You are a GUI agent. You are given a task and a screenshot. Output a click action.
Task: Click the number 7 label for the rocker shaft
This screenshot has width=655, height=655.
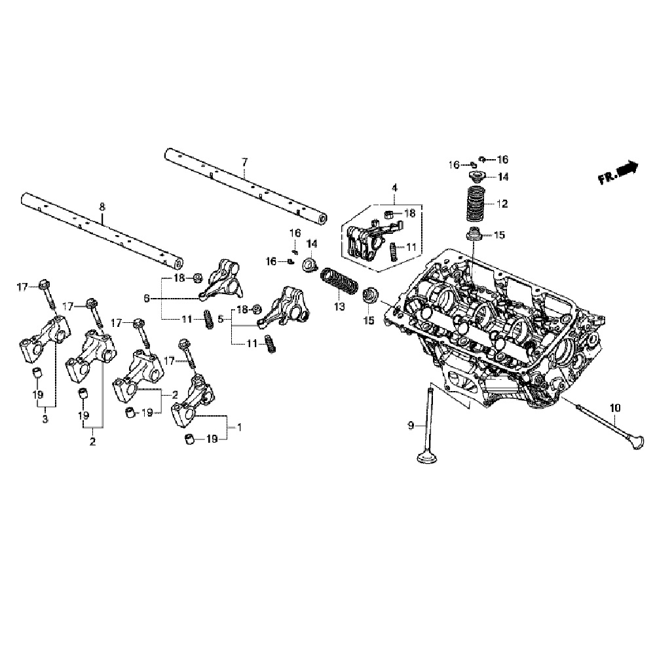tap(244, 161)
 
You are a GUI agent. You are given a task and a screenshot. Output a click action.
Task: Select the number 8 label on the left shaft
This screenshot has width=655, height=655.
tap(102, 207)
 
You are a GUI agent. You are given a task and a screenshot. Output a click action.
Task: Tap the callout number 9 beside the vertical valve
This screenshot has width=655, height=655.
tap(411, 426)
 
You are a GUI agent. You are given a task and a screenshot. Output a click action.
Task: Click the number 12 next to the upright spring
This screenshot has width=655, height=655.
tap(502, 204)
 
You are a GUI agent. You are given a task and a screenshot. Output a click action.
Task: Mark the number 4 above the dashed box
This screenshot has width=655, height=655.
tap(394, 188)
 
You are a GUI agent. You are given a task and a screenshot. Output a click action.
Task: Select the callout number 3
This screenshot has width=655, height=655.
tap(45, 419)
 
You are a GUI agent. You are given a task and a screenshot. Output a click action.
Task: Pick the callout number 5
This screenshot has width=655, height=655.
tap(221, 320)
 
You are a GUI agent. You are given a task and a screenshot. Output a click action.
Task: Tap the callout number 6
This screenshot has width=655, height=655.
tap(147, 298)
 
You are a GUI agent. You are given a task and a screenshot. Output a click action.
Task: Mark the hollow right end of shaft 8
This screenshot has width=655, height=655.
tap(178, 264)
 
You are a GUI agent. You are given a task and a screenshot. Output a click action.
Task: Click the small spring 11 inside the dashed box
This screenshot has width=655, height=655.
tap(394, 252)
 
